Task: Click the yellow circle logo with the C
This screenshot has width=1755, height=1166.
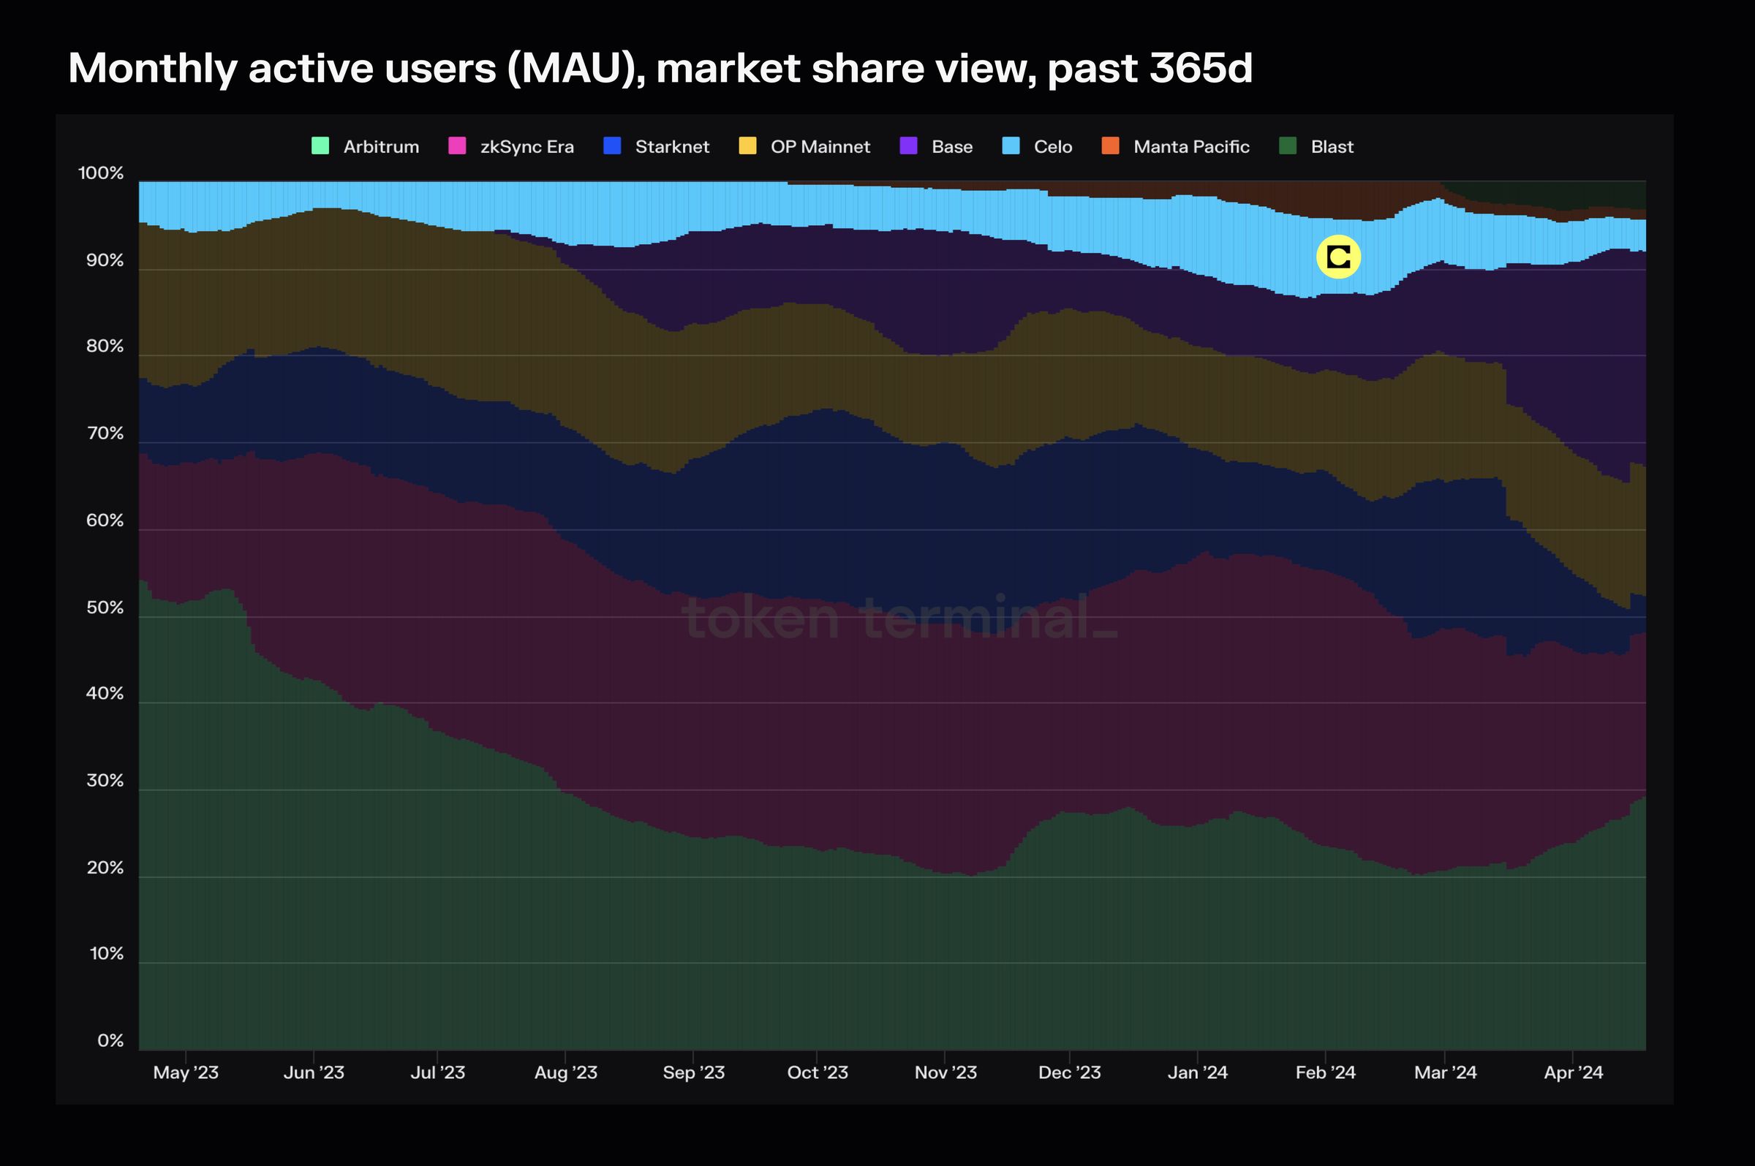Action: [x=1337, y=257]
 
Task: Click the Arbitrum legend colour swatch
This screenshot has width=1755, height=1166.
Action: [x=320, y=145]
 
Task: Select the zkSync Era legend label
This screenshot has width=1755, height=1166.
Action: [x=526, y=146]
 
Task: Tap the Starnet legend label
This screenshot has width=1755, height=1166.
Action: [x=671, y=146]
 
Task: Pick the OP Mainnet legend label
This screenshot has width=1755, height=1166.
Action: [x=820, y=146]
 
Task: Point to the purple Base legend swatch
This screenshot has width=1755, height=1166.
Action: [x=908, y=145]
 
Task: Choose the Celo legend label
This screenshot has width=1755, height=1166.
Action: [x=1052, y=146]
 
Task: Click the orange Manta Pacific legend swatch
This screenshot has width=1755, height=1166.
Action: [x=1110, y=145]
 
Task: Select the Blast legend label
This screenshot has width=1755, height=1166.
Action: [x=1331, y=146]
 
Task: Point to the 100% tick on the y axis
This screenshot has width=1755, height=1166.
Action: [x=100, y=173]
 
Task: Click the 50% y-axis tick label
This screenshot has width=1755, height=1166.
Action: [x=105, y=607]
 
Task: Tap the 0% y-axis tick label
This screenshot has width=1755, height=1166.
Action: [x=110, y=1040]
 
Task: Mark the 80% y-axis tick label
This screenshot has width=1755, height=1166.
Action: [x=105, y=347]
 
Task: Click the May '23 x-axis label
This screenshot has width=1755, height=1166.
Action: [x=185, y=1072]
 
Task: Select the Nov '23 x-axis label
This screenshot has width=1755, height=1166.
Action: [x=946, y=1072]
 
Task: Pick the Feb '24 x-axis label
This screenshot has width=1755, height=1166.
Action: [x=1325, y=1072]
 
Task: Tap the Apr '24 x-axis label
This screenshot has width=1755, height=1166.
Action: [x=1573, y=1072]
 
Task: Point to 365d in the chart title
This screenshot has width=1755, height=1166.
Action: [x=1200, y=69]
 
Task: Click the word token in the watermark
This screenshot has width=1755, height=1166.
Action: [x=760, y=618]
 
